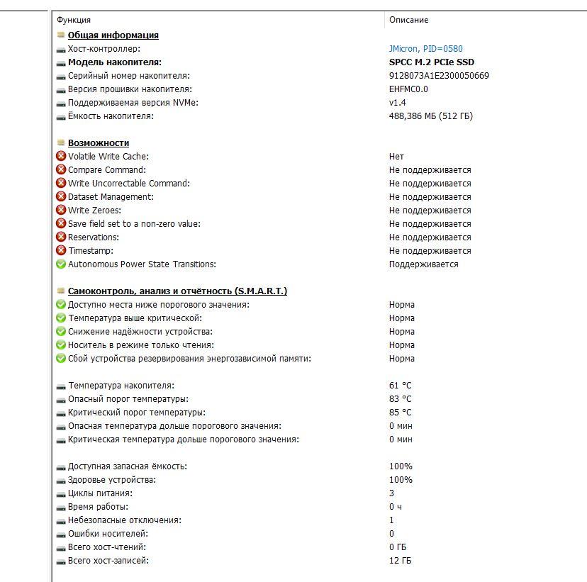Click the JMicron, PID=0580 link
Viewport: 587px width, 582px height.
coord(425,49)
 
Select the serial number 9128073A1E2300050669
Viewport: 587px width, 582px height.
coord(439,76)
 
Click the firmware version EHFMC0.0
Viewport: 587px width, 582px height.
coord(408,89)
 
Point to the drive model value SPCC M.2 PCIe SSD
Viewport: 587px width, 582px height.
coord(432,62)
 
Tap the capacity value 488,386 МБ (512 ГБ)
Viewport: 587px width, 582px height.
coord(430,116)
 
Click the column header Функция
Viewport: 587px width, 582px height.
coord(74,20)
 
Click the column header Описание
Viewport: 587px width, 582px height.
coord(408,20)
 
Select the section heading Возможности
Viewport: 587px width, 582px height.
coord(99,143)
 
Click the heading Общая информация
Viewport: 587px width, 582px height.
coord(113,35)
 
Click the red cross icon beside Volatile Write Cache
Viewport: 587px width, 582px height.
coord(61,157)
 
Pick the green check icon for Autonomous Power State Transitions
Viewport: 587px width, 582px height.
coord(61,264)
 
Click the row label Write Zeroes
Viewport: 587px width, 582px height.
coord(94,211)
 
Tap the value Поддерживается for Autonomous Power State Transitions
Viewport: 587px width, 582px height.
coord(423,264)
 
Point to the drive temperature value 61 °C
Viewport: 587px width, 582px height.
coord(400,386)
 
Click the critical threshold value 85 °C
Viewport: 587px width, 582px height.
coord(400,413)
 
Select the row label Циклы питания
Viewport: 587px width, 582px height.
coord(100,493)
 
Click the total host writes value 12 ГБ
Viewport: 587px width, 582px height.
coord(400,561)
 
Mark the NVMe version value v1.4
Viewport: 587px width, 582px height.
coord(397,103)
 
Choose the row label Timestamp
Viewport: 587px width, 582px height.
coord(90,251)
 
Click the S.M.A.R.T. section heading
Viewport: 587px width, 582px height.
coord(177,291)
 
